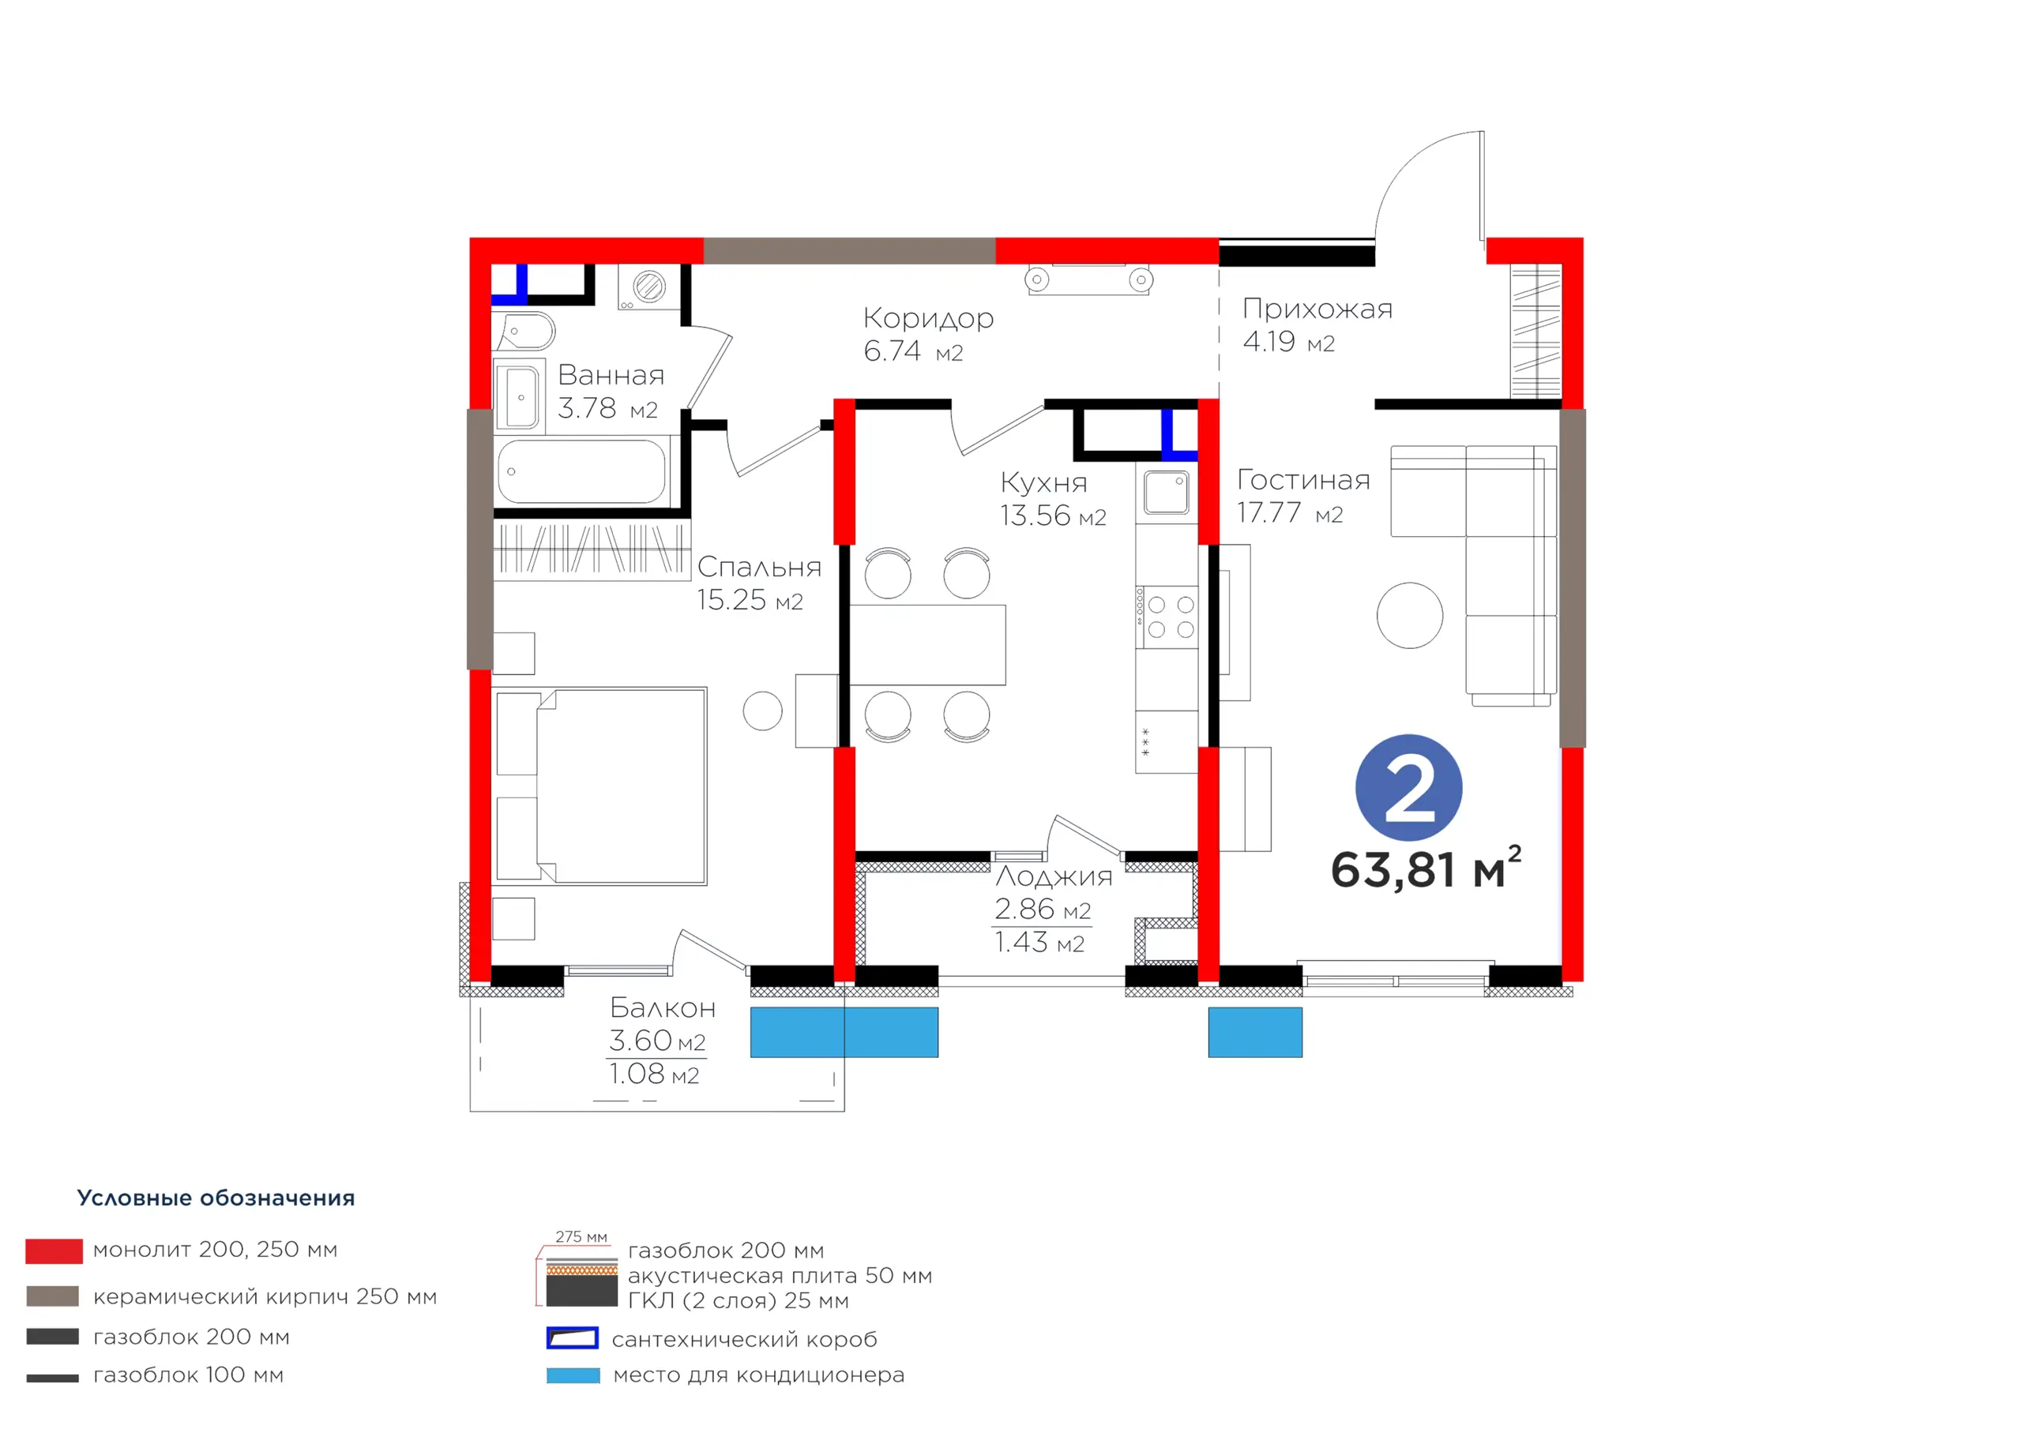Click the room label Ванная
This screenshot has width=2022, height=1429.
click(x=611, y=375)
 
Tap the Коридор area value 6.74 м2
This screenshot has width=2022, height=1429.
click(x=913, y=351)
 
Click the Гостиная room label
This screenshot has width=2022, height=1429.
click(x=1303, y=480)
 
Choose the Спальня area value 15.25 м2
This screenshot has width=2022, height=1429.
click(x=750, y=601)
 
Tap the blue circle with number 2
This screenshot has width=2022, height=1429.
click(x=1408, y=787)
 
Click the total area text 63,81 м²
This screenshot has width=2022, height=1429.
click(x=1426, y=868)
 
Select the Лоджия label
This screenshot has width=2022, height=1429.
click(x=1054, y=876)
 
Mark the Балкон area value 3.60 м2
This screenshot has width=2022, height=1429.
click(x=657, y=1041)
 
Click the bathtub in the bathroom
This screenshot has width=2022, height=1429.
click(x=581, y=472)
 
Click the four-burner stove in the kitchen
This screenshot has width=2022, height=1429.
click(x=1166, y=617)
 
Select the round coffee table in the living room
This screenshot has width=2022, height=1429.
click(x=1409, y=616)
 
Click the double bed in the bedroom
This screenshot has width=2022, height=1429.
click(x=600, y=786)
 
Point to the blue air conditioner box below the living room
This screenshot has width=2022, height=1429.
click(x=1255, y=1032)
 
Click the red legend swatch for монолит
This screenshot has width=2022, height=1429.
click(x=54, y=1251)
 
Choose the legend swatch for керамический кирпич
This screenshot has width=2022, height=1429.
click(x=53, y=1296)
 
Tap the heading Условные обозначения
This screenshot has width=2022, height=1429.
click(x=216, y=1198)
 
